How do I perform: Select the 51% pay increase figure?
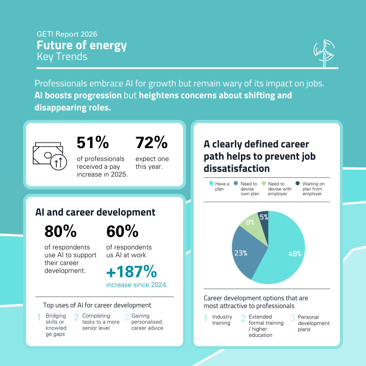click(x=93, y=143)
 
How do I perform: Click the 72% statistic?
click(x=151, y=143)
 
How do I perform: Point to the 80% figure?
click(x=60, y=231)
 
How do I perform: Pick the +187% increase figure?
click(x=131, y=272)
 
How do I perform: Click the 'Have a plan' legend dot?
click(x=211, y=183)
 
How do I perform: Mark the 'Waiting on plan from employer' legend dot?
click(x=298, y=183)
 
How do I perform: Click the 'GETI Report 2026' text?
click(x=67, y=34)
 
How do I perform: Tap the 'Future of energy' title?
click(x=82, y=45)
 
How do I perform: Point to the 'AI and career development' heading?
click(x=95, y=212)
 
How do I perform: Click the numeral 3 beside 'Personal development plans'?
click(x=293, y=319)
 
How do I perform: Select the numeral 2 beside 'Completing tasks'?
click(x=77, y=317)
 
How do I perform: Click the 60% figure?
click(x=122, y=231)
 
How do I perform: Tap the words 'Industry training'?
click(x=222, y=320)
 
